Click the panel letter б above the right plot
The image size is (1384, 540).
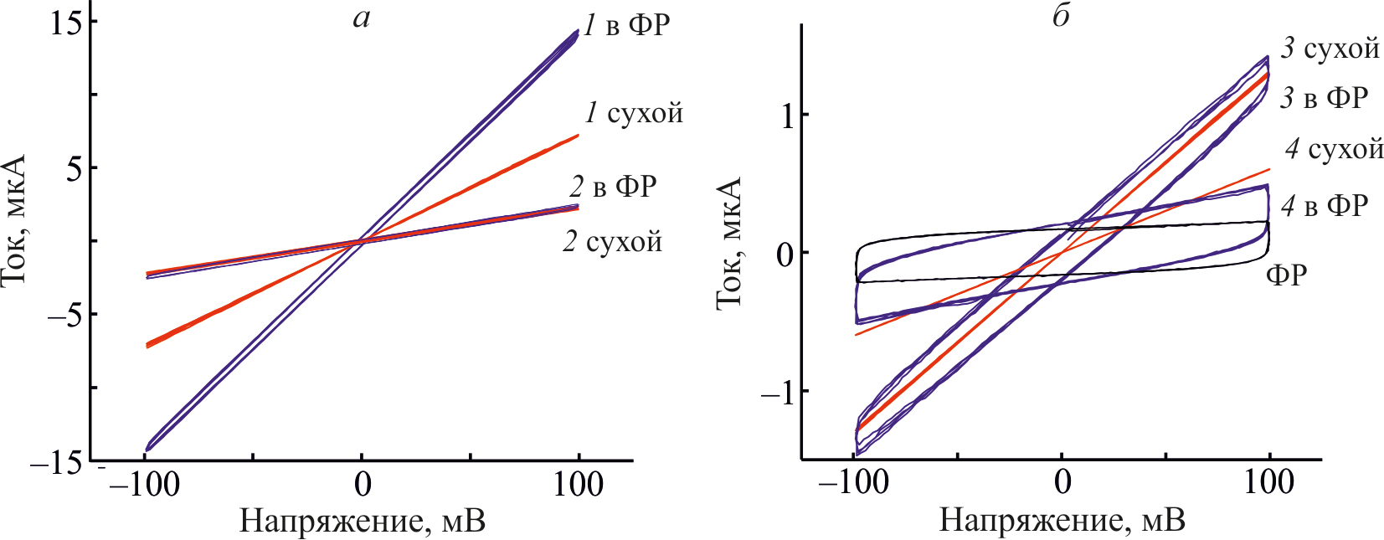coord(1061,17)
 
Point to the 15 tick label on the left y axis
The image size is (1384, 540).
coord(67,22)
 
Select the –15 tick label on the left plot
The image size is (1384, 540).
coord(57,463)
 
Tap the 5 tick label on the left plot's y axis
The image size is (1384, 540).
coord(75,168)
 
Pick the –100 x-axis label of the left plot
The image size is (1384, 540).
coord(144,485)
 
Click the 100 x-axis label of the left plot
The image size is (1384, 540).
coord(578,485)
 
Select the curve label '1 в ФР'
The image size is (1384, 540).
coord(626,26)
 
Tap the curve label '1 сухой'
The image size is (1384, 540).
coord(634,113)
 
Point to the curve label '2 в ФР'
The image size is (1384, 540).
coord(613,187)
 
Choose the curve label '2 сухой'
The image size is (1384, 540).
coord(612,242)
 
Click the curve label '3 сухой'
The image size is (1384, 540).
coord(1330,49)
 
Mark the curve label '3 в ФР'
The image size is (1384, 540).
coord(1324,98)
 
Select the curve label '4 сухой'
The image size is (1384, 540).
coord(1334,149)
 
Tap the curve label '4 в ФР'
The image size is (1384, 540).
coord(1325,205)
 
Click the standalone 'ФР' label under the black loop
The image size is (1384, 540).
coord(1286,274)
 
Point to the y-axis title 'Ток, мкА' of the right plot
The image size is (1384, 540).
coord(730,243)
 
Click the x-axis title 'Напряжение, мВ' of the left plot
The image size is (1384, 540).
coord(362,521)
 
